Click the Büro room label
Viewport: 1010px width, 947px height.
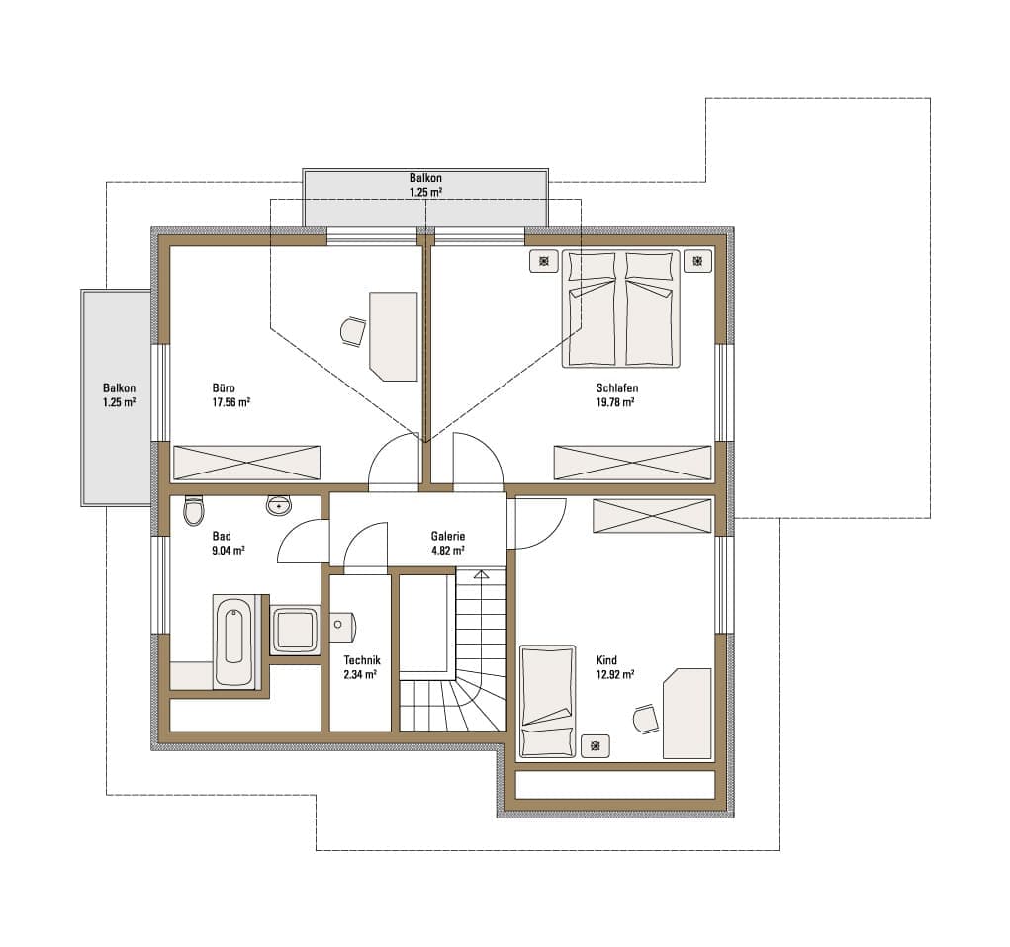[x=224, y=388]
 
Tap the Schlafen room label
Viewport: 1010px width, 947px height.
[x=617, y=388]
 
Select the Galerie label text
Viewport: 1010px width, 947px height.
[x=448, y=536]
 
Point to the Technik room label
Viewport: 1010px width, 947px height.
[x=361, y=660]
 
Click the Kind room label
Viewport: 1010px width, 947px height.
[x=606, y=660]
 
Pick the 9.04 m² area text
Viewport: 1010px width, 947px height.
[x=229, y=551]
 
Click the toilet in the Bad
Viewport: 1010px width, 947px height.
[x=193, y=510]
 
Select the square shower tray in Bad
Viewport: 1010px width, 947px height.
[x=295, y=630]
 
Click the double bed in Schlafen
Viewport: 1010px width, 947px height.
[x=621, y=308]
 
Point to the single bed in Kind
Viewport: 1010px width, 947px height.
[x=547, y=702]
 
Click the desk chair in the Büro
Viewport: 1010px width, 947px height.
[x=353, y=331]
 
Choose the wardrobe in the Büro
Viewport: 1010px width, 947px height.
[x=246, y=463]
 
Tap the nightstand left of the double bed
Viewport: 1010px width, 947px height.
[x=544, y=261]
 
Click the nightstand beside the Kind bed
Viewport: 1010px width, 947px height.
[x=596, y=746]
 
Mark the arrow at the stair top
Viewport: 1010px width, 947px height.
[x=481, y=574]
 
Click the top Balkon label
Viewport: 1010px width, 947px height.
[x=425, y=178]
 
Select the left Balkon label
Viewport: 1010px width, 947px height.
[x=119, y=388]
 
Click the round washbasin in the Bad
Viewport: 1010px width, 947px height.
[x=279, y=505]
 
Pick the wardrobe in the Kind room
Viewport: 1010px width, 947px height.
[x=652, y=516]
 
